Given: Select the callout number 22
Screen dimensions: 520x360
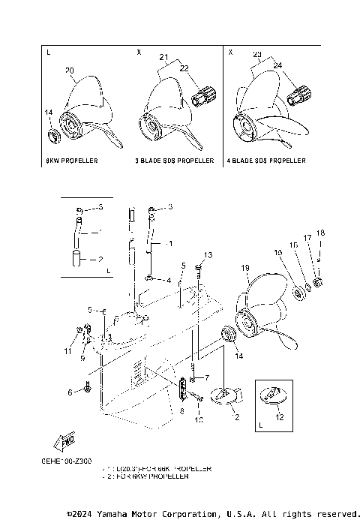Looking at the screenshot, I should pos(184,68).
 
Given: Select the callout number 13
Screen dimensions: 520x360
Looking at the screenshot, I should pos(208,256).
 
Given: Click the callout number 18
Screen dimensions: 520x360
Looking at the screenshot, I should pos(320,233).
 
